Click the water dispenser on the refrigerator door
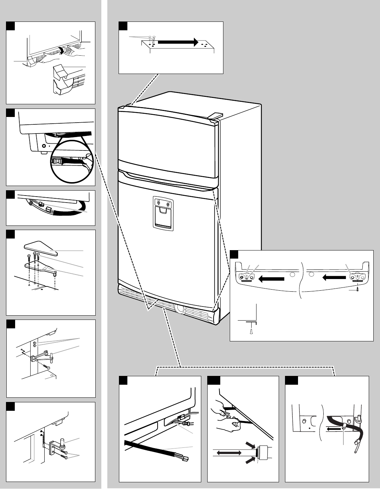(163, 213)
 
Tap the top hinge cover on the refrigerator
(216, 115)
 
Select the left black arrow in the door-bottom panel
(271, 279)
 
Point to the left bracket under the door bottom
(246, 277)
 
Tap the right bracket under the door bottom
(358, 277)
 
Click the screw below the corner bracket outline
(250, 332)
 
